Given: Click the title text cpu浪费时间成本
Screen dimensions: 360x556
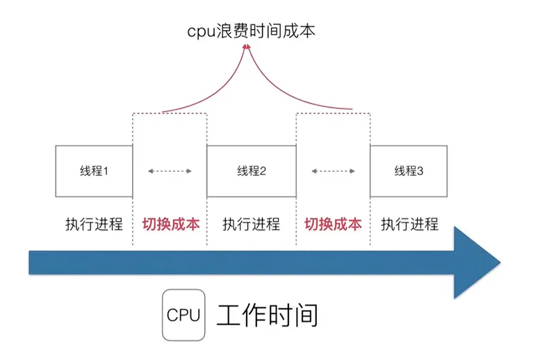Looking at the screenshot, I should pyautogui.click(x=250, y=31).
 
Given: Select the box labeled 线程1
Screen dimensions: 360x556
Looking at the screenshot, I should pyautogui.click(x=94, y=171).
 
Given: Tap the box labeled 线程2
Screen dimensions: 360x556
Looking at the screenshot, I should pyautogui.click(x=252, y=171).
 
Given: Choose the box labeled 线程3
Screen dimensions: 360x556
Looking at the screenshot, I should pyautogui.click(x=409, y=171).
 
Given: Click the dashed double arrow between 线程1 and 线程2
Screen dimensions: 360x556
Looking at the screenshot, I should pyautogui.click(x=170, y=171).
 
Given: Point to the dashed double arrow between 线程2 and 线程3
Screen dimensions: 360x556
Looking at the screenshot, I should pyautogui.click(x=334, y=171).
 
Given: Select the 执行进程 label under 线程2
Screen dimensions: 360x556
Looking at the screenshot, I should pyautogui.click(x=252, y=224).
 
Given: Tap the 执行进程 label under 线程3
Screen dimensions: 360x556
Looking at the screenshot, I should pyautogui.click(x=410, y=224).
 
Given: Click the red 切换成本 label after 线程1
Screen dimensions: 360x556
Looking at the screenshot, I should pyautogui.click(x=170, y=224).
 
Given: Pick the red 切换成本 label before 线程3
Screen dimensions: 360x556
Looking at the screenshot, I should pyautogui.click(x=334, y=224).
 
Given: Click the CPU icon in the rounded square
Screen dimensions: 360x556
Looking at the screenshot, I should pyautogui.click(x=183, y=315).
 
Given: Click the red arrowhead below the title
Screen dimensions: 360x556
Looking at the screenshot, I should pyautogui.click(x=246, y=47).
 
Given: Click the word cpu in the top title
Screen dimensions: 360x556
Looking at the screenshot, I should pyautogui.click(x=200, y=31).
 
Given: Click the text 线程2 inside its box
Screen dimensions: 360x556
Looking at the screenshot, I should pyautogui.click(x=252, y=171).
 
